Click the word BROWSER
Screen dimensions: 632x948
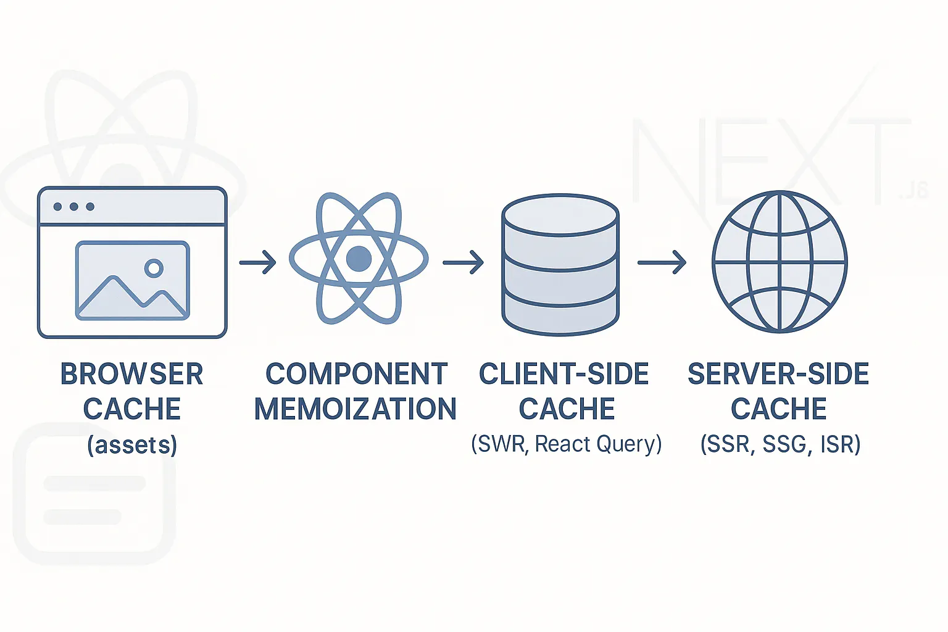(x=131, y=374)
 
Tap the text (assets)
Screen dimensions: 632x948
(x=132, y=444)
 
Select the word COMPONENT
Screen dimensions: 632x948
(x=356, y=374)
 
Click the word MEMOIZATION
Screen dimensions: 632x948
(x=355, y=409)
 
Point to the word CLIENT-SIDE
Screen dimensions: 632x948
(x=564, y=374)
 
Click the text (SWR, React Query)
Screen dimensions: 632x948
(x=566, y=444)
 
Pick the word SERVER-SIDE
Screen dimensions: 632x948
(x=778, y=374)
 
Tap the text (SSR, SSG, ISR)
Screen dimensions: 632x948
(x=780, y=444)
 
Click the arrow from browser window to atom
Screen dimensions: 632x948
(x=258, y=262)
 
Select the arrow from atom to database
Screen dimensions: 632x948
(x=463, y=262)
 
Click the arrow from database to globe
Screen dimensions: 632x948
(x=662, y=262)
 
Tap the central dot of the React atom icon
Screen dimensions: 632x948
(x=359, y=259)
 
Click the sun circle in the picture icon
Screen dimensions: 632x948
(x=154, y=268)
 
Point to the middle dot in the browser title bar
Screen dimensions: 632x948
(x=74, y=206)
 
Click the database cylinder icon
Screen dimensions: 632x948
(x=560, y=265)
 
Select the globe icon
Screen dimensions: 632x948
(x=780, y=262)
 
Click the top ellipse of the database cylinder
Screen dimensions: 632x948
(x=560, y=215)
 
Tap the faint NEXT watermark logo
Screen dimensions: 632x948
(x=771, y=160)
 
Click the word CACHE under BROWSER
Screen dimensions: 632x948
(x=132, y=409)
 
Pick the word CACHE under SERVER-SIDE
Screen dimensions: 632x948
(x=779, y=409)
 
